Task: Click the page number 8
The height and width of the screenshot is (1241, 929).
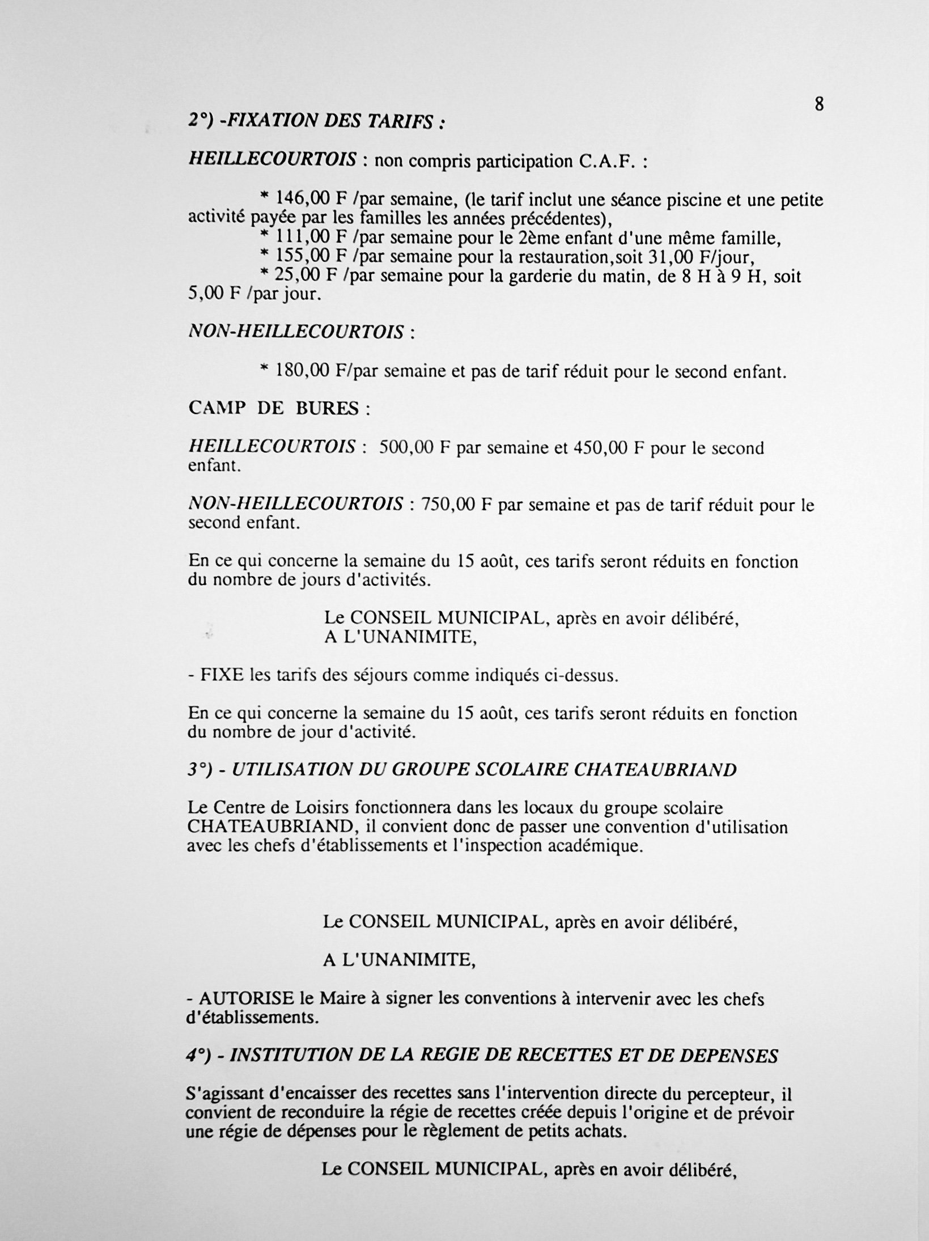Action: coord(819,104)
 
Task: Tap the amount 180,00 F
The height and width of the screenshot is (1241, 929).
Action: coord(308,371)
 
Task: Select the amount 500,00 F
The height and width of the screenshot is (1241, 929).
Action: coord(414,448)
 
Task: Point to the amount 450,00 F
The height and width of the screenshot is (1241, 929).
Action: coord(610,448)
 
